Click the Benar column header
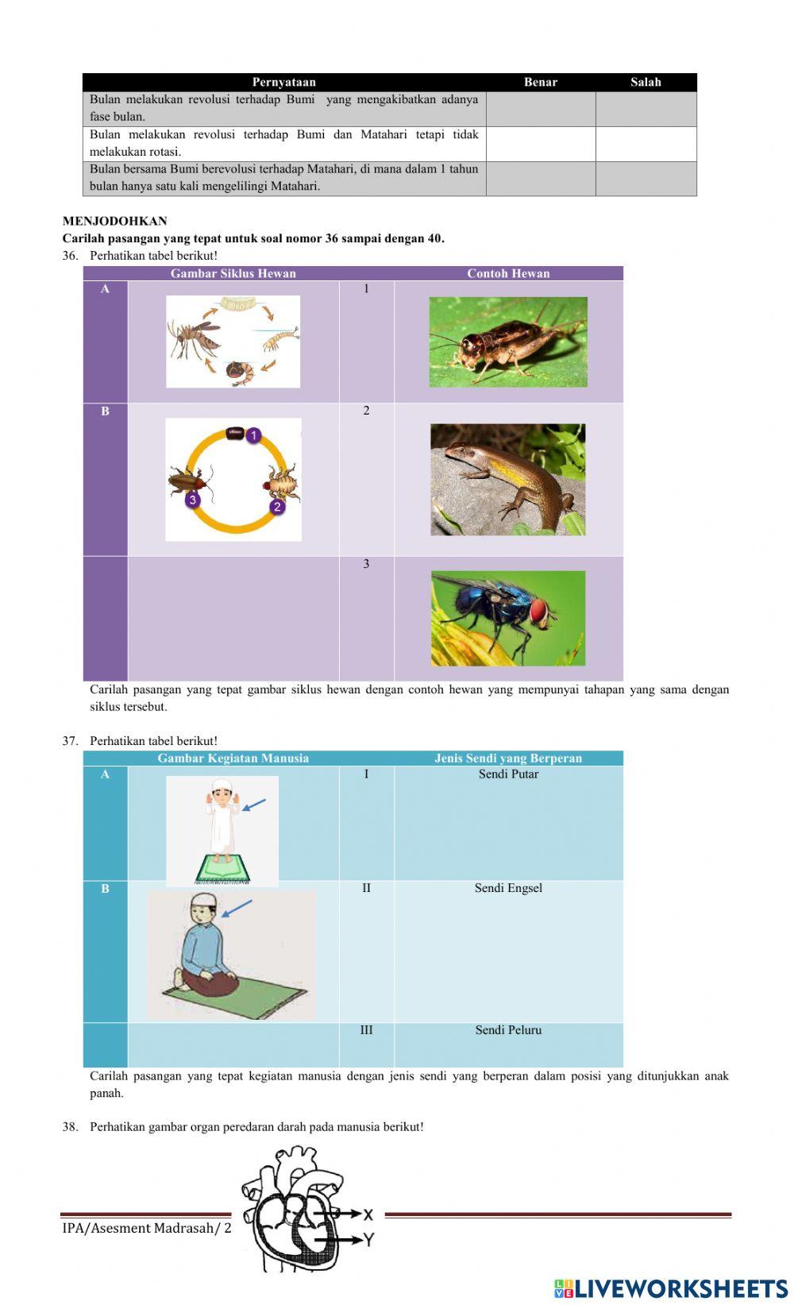pos(540,82)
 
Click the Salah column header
pos(646,82)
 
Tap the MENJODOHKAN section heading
pos(115,221)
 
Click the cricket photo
pos(508,342)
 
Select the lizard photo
pos(508,480)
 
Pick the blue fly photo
pos(508,618)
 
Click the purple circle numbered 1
pos(253,435)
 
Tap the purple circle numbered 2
pos(277,506)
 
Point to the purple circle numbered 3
pos(192,500)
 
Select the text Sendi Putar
pos(508,774)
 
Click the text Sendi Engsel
pos(508,888)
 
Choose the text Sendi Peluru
pos(508,1030)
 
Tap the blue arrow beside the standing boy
pos(254,805)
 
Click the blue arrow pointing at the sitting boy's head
pos(237,908)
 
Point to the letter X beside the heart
pos(368,1214)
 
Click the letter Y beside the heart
pos(368,1239)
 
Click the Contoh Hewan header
pos(508,273)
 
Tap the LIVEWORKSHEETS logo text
pos(672,1288)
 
